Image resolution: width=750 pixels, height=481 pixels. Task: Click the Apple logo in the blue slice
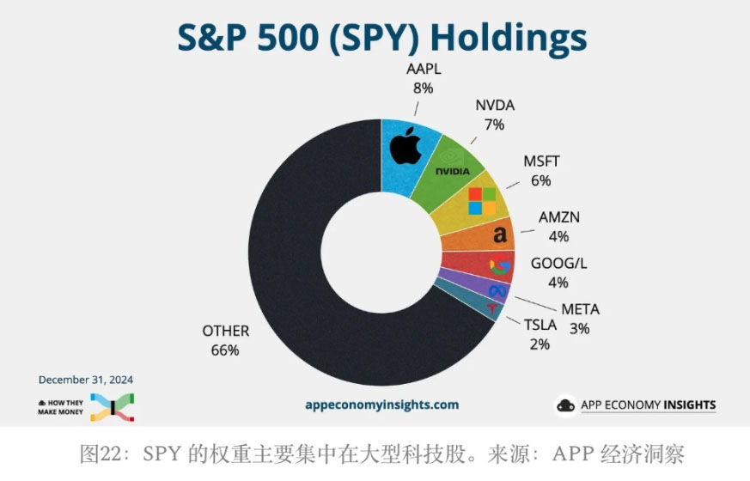coord(405,148)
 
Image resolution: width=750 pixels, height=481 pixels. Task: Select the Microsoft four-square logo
coord(482,201)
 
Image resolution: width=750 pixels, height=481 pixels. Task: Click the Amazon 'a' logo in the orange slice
coord(499,234)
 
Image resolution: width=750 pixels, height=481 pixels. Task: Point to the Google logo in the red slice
coord(499,266)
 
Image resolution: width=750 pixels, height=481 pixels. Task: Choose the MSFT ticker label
coord(540,161)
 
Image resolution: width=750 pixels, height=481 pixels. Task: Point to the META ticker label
coord(580,309)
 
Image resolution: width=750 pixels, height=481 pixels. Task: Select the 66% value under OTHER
coord(225,350)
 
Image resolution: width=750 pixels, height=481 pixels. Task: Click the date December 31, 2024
coord(86,379)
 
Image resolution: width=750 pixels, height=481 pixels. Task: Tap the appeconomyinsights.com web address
coord(381,405)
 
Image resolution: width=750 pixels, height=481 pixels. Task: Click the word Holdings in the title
coord(508,37)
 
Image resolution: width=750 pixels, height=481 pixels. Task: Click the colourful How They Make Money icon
coord(111,407)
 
